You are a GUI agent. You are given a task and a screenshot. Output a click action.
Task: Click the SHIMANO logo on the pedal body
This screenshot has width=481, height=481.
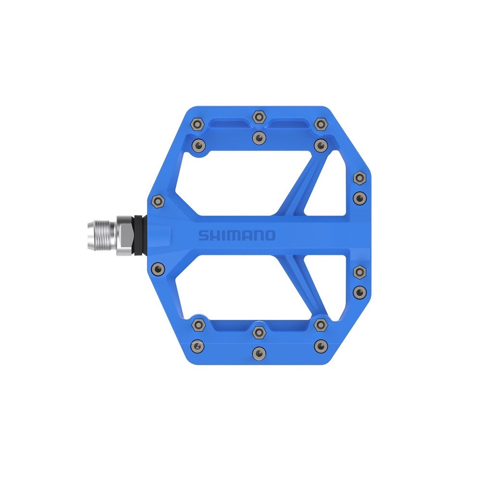(237, 235)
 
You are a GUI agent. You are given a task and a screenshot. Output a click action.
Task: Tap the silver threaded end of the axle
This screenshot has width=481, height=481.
(101, 235)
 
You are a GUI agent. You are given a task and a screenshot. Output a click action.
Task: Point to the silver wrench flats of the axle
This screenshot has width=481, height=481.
(124, 235)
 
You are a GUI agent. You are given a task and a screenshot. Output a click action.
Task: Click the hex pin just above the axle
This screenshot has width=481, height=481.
(158, 202)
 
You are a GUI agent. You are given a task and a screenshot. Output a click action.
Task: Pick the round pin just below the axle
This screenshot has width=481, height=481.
(158, 269)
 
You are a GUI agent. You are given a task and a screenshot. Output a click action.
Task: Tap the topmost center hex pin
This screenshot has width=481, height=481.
(259, 117)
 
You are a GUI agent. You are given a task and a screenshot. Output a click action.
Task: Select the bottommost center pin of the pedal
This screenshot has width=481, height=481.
(259, 353)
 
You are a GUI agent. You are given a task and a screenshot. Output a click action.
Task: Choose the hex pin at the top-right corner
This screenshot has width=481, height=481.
(321, 124)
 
